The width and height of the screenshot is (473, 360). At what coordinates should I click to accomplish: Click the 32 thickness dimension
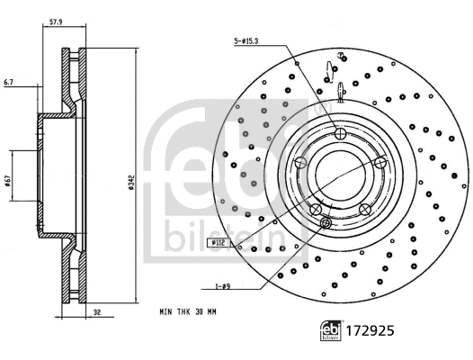pos(95,314)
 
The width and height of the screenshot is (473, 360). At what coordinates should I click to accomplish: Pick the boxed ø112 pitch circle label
pos(218,243)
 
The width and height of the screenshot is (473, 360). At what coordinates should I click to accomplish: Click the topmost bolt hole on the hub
pos(340,133)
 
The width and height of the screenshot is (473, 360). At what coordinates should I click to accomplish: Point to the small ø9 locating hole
pos(326,223)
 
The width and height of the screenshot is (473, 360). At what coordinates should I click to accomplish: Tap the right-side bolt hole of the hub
pos(380,162)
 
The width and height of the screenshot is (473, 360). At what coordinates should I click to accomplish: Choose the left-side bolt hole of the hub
pos(299,163)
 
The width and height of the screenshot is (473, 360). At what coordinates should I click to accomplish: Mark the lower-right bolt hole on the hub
pos(365,210)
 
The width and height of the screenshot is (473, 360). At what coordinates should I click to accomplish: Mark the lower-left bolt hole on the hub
pos(315,210)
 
